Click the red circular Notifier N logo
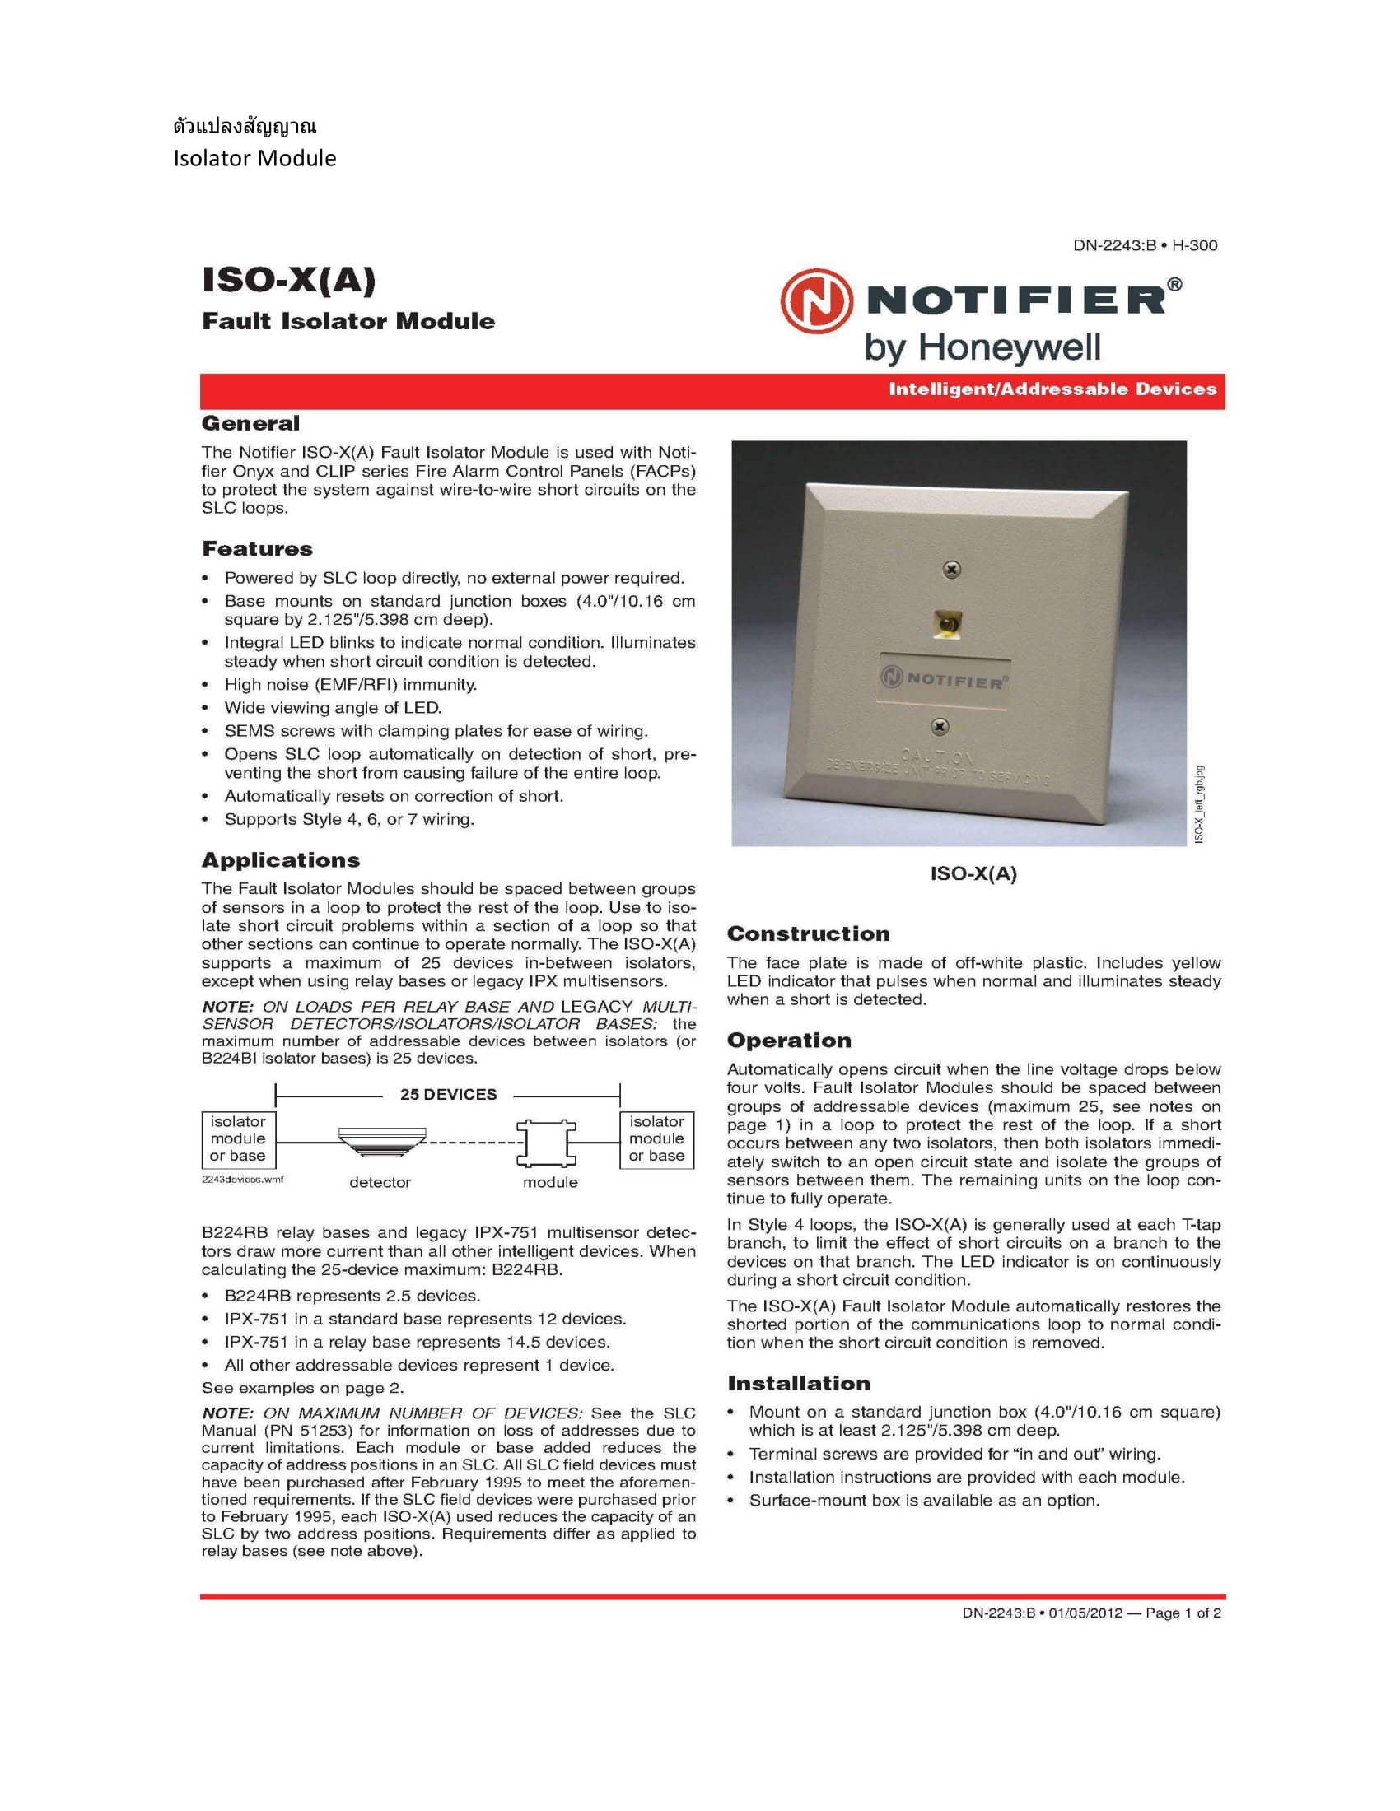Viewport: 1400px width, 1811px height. (816, 301)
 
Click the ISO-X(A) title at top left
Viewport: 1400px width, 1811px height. (288, 280)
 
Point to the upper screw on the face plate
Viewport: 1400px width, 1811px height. (953, 570)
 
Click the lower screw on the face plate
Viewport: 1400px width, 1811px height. (940, 726)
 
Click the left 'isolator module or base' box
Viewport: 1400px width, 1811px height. (238, 1138)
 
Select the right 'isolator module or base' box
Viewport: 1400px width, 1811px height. (656, 1138)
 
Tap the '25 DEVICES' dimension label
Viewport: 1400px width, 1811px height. (448, 1095)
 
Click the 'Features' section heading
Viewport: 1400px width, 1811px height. (257, 549)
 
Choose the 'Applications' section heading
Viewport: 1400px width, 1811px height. (281, 860)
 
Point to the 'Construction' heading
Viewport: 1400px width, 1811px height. (808, 933)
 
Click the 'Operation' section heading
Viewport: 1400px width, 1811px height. (789, 1041)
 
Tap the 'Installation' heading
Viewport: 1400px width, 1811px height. (799, 1383)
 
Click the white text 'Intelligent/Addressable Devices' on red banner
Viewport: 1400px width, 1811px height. (1052, 389)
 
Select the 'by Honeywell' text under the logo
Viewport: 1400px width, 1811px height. (982, 347)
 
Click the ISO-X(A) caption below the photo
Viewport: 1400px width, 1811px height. (973, 873)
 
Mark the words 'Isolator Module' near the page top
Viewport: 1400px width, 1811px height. (254, 158)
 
